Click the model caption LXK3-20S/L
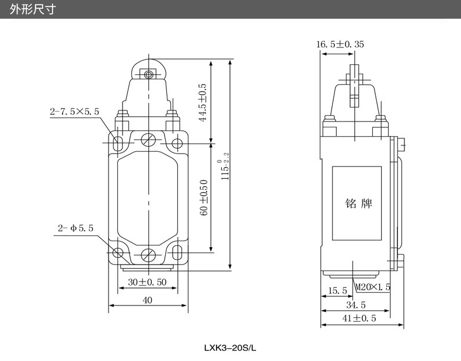pos(230,348)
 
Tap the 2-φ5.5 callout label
pos(75,228)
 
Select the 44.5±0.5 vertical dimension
pos(203,102)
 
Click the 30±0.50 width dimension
pos(147,282)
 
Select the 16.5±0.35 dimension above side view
pos(340,44)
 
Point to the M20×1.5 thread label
pos(373,287)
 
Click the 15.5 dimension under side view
pos(337,290)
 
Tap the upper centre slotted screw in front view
pos(149,140)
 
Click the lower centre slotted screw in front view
pos(149,255)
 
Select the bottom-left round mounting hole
pos(119,253)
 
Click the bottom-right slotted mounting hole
pos(179,253)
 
